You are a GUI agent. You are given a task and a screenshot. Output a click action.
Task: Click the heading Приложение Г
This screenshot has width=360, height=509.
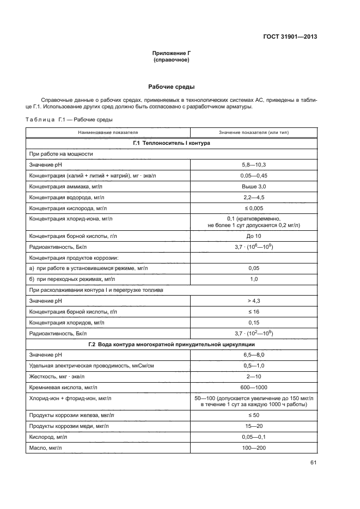[x=172, y=53]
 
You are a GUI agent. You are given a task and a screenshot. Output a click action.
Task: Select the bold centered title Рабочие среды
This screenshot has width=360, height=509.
[x=172, y=87]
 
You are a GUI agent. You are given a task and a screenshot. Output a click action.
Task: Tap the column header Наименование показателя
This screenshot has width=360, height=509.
[x=108, y=132]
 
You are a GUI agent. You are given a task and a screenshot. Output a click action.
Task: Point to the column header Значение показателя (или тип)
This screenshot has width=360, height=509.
[x=253, y=132]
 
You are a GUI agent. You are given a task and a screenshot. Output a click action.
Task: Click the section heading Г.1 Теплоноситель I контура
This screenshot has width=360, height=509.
[x=172, y=143]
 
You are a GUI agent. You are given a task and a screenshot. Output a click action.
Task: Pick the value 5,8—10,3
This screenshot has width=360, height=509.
[x=253, y=164]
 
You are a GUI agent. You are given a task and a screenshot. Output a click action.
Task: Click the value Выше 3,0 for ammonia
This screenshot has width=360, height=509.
[x=253, y=186]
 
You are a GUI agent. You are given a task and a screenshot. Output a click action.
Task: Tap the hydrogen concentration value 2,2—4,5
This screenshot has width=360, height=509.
[x=253, y=197]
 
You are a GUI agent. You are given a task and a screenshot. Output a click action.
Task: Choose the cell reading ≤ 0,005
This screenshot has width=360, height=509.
[x=253, y=208]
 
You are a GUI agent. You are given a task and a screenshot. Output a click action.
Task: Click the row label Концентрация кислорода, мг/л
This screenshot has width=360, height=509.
[x=65, y=208]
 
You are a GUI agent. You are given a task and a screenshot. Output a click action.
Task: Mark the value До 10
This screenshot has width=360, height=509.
[x=253, y=236]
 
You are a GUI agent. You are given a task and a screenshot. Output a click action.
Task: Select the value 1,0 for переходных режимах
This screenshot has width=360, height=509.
[x=253, y=279]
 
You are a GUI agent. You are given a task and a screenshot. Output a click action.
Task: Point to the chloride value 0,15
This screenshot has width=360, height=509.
[x=253, y=322]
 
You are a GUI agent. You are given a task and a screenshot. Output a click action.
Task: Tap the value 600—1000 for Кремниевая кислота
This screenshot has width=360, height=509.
[x=253, y=387]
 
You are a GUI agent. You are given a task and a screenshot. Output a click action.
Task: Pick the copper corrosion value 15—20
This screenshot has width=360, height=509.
[x=253, y=426]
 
